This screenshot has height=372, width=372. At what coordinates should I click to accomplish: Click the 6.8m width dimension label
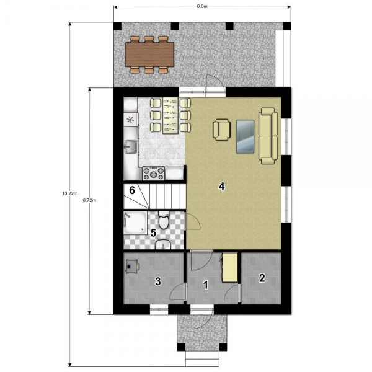202,6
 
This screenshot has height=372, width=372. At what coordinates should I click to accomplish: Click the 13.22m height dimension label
70,193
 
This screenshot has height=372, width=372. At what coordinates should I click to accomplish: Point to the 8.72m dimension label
89,200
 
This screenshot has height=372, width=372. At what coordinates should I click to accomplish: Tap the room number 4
221,187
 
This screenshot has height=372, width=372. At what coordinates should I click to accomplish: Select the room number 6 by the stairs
132,190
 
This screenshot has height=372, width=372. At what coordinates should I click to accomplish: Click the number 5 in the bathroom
153,232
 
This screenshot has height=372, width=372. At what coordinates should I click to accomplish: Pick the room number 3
158,281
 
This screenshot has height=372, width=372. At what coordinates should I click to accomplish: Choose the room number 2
262,278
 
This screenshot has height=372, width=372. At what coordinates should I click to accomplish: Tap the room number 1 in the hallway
206,285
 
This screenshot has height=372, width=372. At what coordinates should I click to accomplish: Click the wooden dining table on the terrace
149,55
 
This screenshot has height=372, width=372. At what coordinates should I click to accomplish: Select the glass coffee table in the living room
246,136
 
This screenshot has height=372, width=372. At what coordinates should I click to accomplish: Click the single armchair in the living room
222,130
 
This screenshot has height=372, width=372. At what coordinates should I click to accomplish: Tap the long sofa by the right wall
268,136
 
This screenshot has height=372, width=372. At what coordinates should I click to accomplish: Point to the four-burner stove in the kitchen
154,173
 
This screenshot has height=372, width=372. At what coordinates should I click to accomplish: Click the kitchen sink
131,146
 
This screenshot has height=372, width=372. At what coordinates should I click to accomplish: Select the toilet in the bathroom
164,221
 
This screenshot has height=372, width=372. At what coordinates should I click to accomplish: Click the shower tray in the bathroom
135,223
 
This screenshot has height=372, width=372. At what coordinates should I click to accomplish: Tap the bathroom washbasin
163,244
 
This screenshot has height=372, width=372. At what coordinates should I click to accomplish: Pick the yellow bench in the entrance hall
230,268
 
